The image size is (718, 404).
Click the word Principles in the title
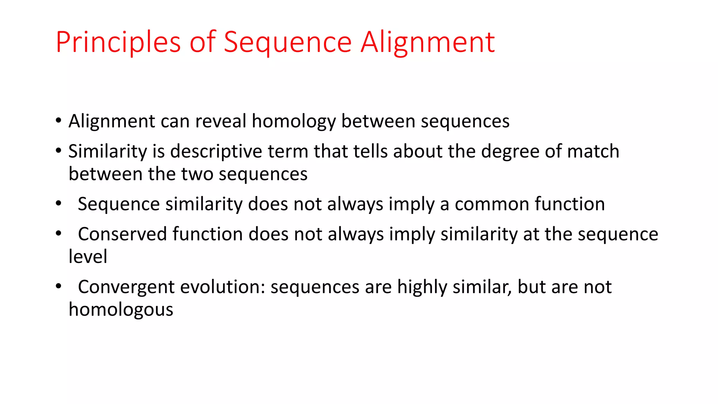pyautogui.click(x=118, y=42)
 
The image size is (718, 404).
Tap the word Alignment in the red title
pyautogui.click(x=428, y=42)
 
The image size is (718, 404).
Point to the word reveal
pyautogui.click(x=221, y=121)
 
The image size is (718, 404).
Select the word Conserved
pyautogui.click(x=122, y=234)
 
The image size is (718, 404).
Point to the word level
pyautogui.click(x=88, y=257)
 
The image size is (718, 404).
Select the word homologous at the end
pyautogui.click(x=121, y=310)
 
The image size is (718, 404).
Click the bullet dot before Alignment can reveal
pyautogui.click(x=59, y=121)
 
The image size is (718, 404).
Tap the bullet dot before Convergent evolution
pyautogui.click(x=59, y=287)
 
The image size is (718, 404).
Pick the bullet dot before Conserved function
pyautogui.click(x=59, y=234)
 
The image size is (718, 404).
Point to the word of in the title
pyautogui.click(x=203, y=42)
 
